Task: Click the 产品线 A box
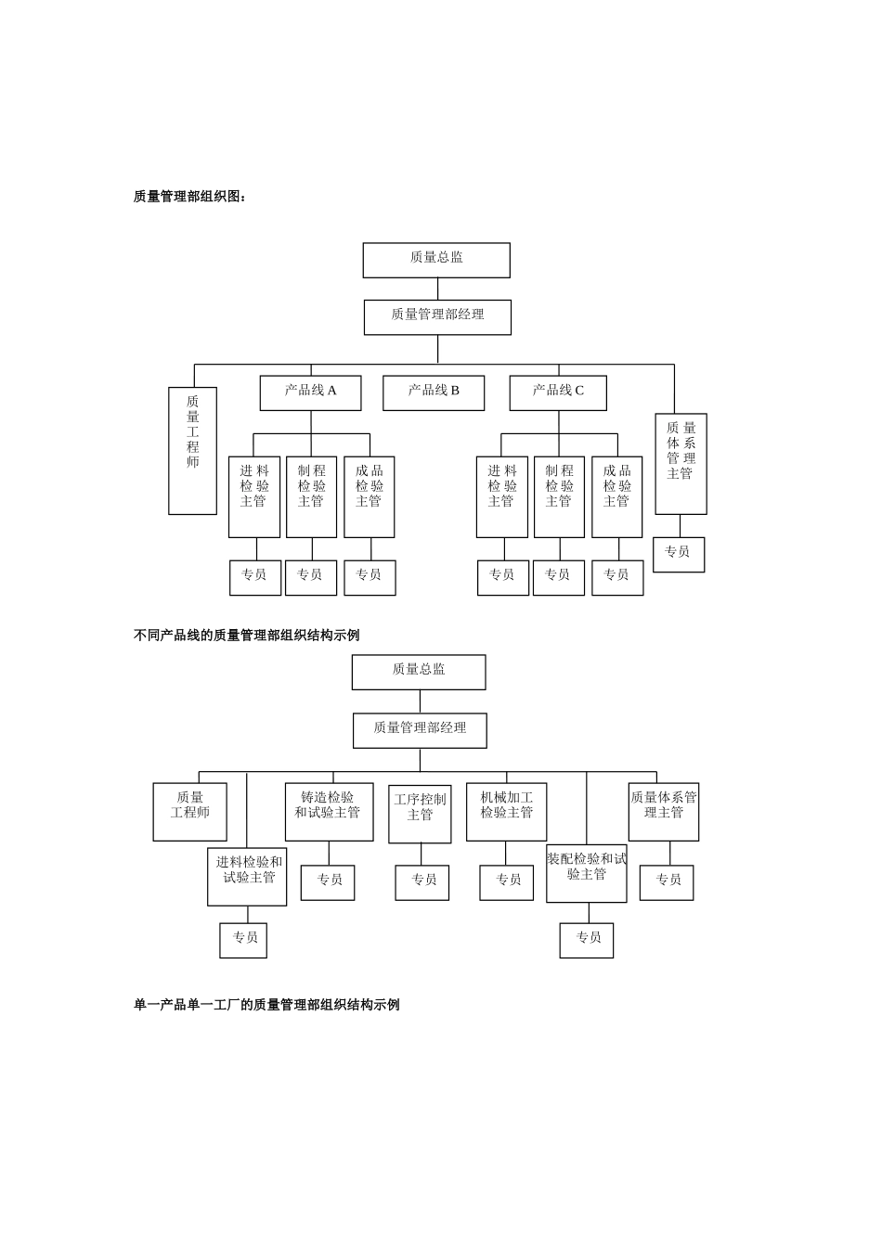point(310,392)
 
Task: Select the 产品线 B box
point(434,392)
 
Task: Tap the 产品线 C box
point(558,392)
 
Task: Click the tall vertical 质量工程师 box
point(192,450)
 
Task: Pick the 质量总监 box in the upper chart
point(436,260)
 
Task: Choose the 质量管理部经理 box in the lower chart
point(420,730)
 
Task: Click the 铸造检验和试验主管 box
point(329,812)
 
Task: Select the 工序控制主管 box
point(420,814)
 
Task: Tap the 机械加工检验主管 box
point(506,812)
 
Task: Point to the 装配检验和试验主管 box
point(586,873)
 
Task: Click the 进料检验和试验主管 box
point(247,876)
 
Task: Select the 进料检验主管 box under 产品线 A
point(254,496)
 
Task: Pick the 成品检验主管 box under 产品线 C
point(616,496)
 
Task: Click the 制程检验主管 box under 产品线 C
point(559,496)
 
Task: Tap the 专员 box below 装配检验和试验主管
point(587,940)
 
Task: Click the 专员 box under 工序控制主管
point(422,882)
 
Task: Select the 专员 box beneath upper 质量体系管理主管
point(679,555)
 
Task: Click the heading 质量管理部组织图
point(190,197)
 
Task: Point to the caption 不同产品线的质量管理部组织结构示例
point(246,636)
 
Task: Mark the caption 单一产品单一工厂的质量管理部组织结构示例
point(266,1005)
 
